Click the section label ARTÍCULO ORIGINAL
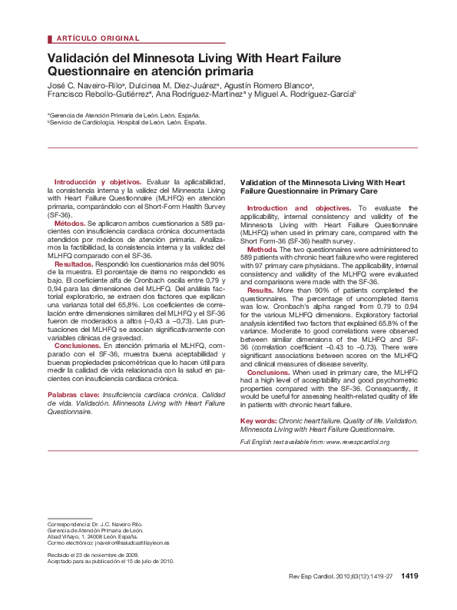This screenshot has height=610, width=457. [x=98, y=38]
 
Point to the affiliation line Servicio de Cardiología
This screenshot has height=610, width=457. [x=127, y=122]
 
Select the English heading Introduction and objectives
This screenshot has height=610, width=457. [x=299, y=208]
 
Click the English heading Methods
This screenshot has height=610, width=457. [x=263, y=250]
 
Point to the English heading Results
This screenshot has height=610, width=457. [x=260, y=290]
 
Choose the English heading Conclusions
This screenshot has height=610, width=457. [x=268, y=373]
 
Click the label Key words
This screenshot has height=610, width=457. [x=258, y=422]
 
